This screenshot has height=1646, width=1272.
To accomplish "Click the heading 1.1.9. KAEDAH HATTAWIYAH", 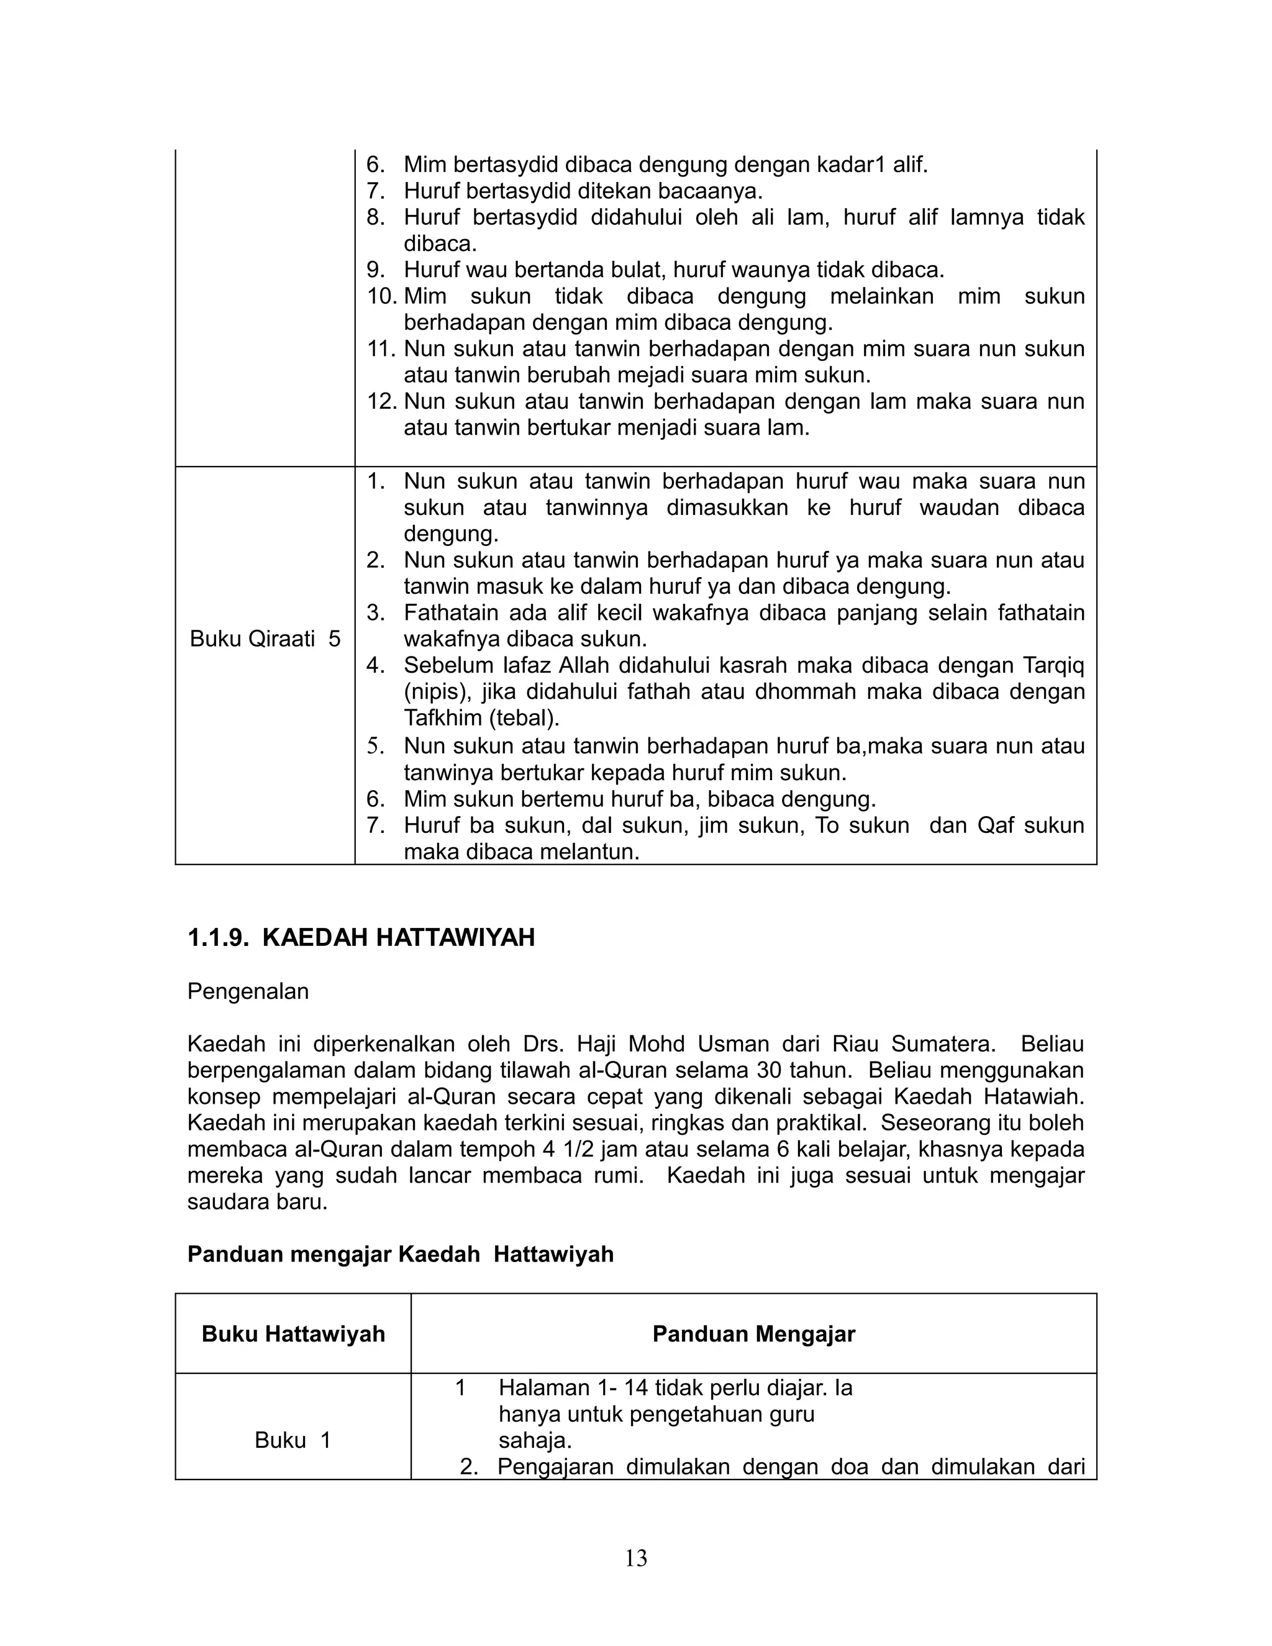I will pos(361,937).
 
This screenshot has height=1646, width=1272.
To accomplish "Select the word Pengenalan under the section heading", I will pos(248,991).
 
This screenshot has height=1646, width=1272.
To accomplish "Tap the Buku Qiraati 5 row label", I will pos(265,639).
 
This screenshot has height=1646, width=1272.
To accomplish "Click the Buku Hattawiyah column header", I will pos(293,1334).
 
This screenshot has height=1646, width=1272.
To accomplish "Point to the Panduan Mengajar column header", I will pos(753,1334).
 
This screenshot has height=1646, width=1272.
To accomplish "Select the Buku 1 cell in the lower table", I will pos(293,1440).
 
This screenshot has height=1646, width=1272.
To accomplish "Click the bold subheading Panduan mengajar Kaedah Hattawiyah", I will pos(400,1254).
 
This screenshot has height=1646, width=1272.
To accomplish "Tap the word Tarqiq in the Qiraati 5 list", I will pos(1053,665).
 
